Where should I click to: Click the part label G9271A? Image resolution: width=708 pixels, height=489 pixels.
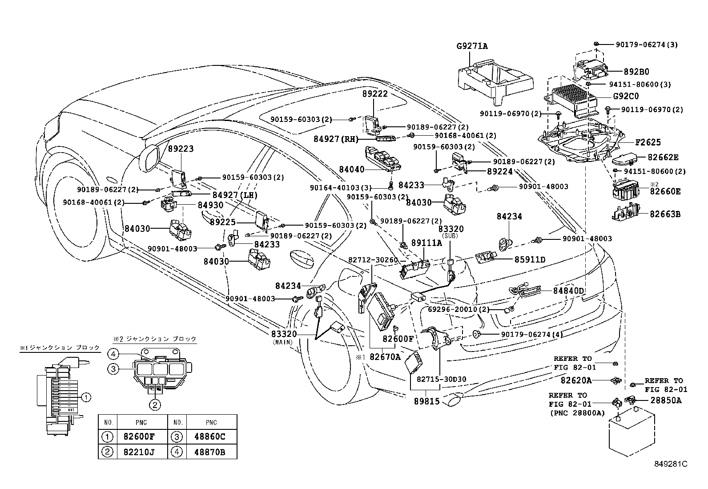472,46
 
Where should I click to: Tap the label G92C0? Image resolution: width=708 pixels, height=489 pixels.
626,96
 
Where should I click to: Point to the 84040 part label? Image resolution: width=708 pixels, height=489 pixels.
351,169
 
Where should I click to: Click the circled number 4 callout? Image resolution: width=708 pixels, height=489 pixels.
113,355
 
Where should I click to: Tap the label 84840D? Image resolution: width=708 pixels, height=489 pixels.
568,291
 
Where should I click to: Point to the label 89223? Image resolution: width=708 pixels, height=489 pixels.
181,149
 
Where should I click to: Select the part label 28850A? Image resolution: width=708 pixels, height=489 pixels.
666,400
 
